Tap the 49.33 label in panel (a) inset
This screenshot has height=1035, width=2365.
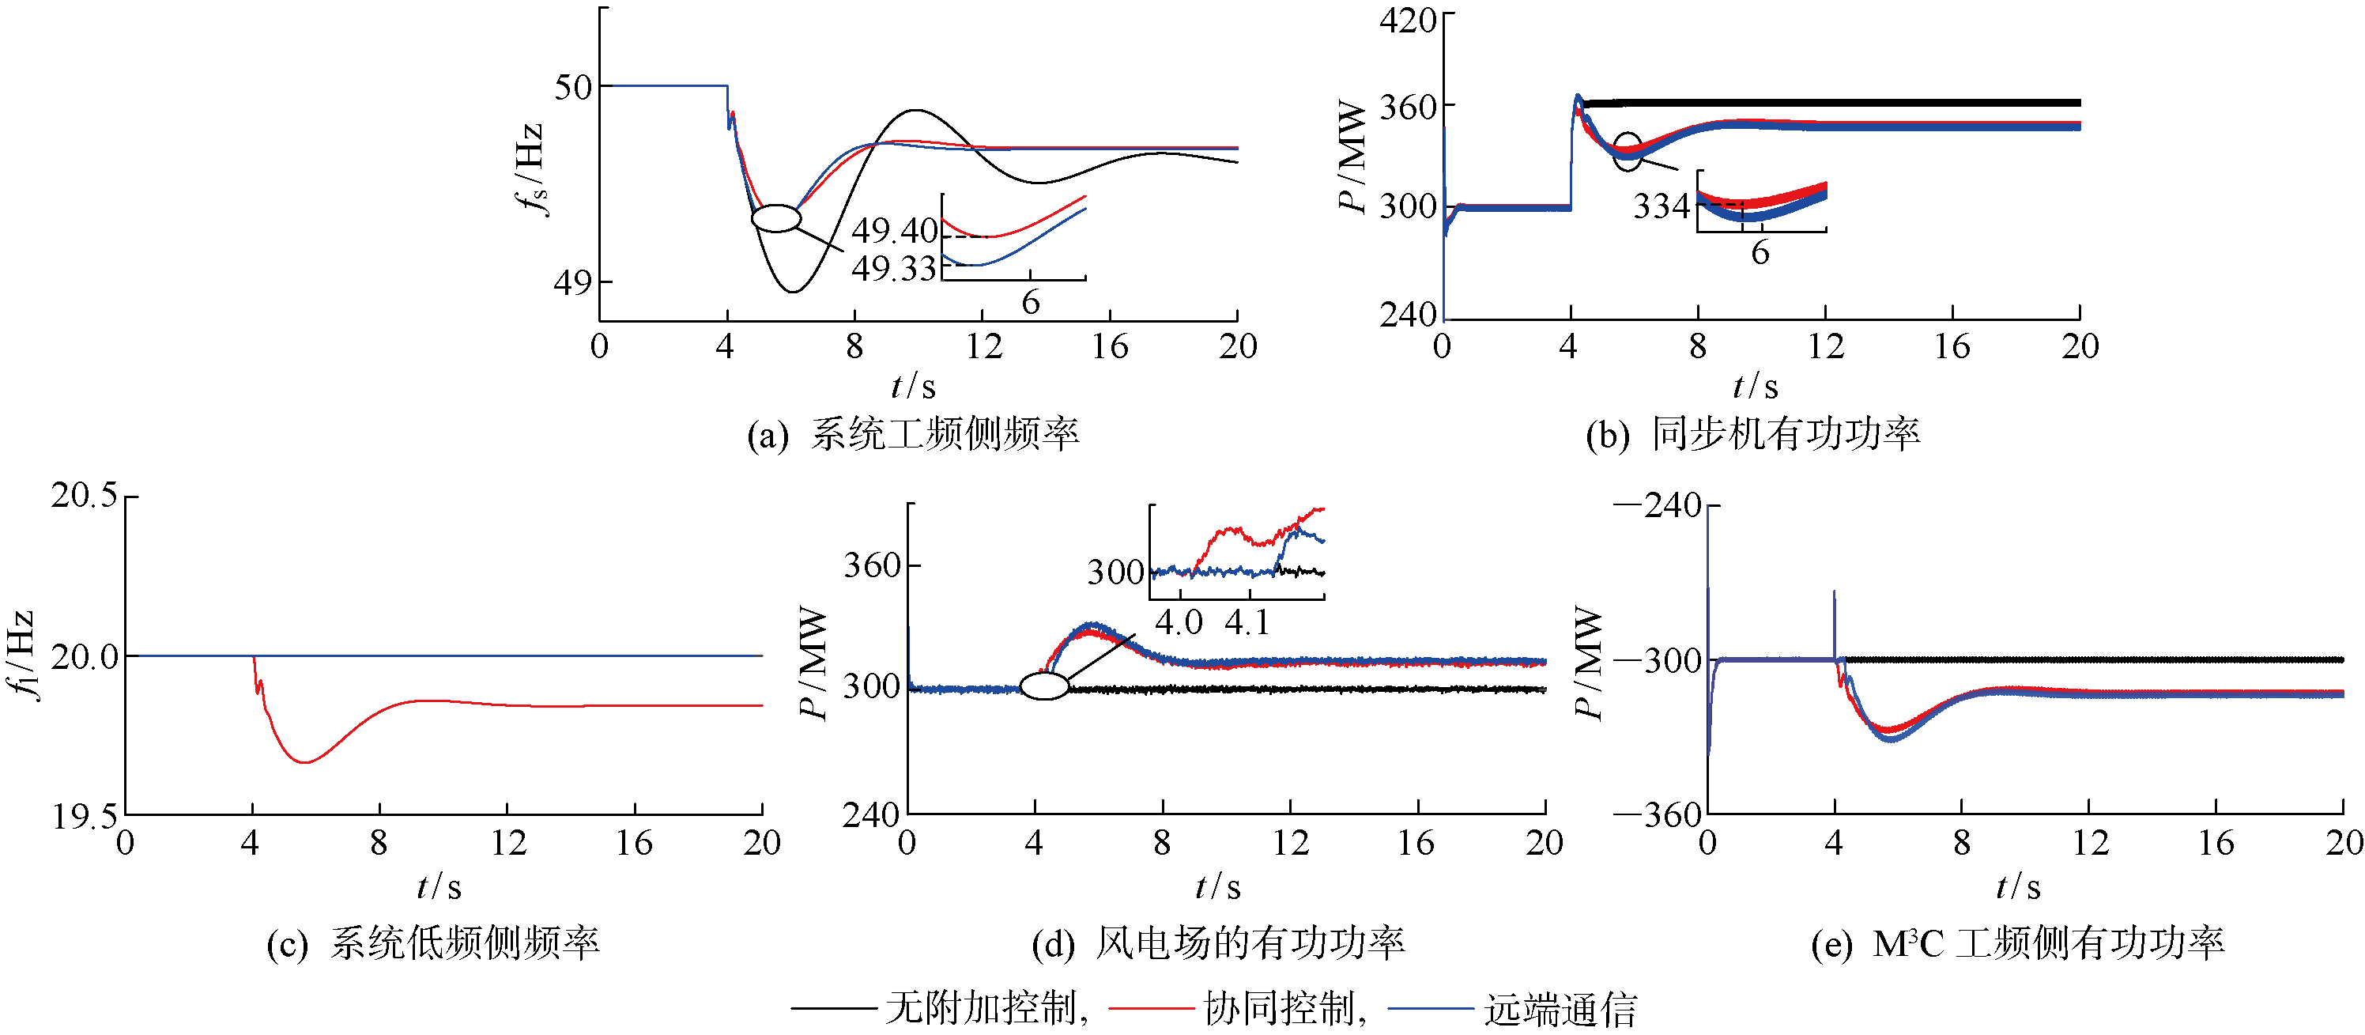(893, 268)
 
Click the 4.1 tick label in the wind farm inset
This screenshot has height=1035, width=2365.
(1247, 622)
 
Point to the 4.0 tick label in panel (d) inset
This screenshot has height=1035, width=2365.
(1178, 622)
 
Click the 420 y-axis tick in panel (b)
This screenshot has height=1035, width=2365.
(1408, 21)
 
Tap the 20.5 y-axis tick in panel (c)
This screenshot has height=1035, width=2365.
(85, 496)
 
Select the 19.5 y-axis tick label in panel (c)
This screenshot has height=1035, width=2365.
(85, 815)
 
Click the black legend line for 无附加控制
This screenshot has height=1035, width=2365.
(834, 1008)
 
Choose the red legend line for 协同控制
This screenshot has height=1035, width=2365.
(1152, 1008)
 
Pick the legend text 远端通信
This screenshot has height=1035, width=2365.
(1561, 1009)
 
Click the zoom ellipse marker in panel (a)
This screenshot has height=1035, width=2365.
(775, 218)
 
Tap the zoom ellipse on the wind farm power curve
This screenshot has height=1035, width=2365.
(1045, 686)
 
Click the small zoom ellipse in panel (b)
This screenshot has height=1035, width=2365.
(1627, 152)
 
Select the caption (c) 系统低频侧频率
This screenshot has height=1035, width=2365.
(433, 943)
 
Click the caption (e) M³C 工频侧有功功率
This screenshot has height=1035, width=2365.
(2017, 943)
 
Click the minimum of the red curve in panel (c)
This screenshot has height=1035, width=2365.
(306, 762)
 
